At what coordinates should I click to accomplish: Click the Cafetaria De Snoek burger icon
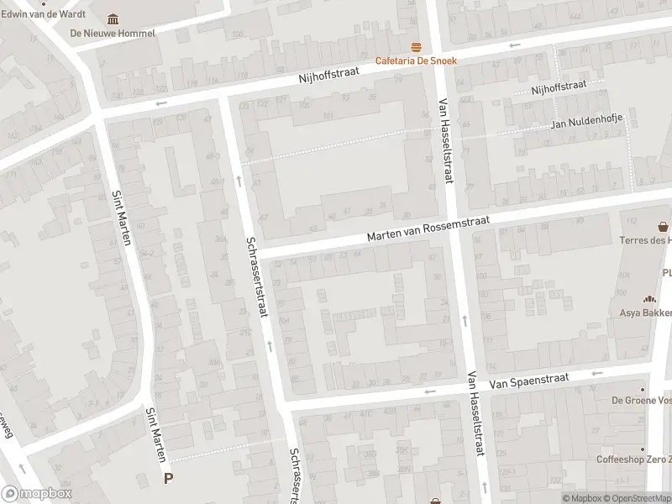click(414, 46)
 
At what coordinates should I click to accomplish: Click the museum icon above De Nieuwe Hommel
click(113, 19)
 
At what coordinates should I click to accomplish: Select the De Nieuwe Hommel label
click(113, 34)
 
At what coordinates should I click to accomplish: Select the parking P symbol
click(168, 479)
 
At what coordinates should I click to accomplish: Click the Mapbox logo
click(36, 494)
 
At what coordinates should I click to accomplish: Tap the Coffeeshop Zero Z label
click(634, 459)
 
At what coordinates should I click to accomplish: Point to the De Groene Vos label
click(640, 401)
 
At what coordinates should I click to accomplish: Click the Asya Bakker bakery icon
click(648, 299)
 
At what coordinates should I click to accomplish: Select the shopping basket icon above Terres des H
click(664, 226)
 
